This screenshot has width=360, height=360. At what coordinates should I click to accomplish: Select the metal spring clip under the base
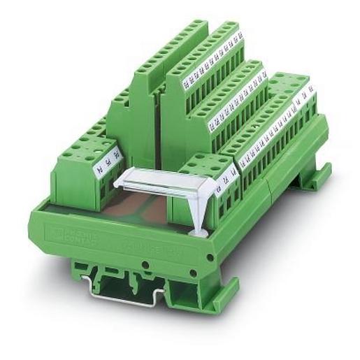pyautogui.click(x=119, y=286)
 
